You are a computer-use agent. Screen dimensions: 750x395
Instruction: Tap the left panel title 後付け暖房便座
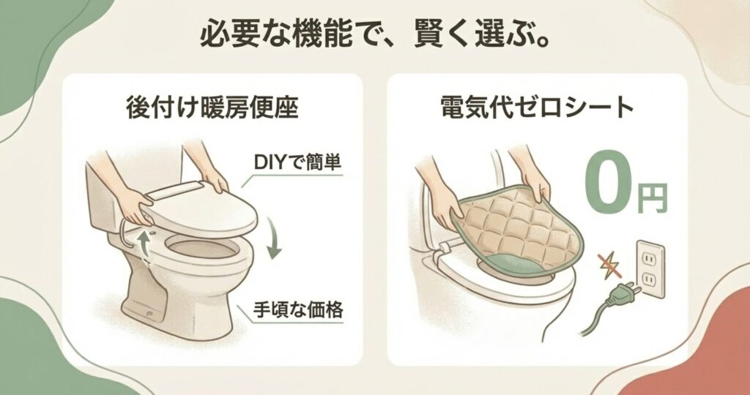[212, 108]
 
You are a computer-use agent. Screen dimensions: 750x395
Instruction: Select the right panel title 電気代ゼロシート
[537, 108]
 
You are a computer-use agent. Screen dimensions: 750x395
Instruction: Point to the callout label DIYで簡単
[297, 162]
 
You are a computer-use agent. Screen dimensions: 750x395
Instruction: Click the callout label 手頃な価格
[298, 310]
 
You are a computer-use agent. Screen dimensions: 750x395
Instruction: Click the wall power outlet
[650, 269]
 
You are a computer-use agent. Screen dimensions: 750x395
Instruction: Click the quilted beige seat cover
[516, 229]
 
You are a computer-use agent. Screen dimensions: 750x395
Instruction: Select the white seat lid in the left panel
[201, 210]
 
